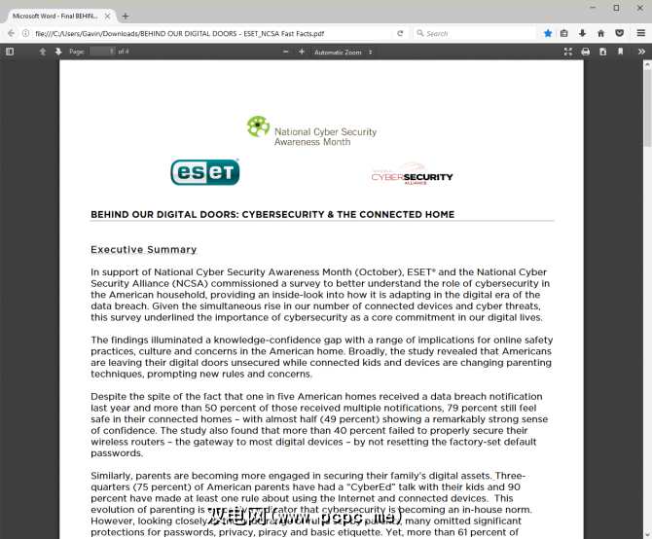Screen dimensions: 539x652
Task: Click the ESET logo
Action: (204, 172)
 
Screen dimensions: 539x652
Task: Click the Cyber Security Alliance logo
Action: (412, 176)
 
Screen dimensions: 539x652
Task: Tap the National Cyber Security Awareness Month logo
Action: (310, 131)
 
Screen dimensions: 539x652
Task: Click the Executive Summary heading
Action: (143, 250)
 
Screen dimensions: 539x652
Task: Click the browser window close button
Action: (637, 8)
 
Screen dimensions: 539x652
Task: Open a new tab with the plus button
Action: (125, 16)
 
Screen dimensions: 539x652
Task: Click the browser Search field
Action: (477, 33)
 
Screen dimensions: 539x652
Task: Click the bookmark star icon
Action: (548, 33)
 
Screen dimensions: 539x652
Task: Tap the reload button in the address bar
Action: (400, 33)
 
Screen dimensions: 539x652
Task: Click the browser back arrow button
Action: (11, 33)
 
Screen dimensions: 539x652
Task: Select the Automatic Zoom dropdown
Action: (344, 52)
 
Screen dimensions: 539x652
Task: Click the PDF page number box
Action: (102, 52)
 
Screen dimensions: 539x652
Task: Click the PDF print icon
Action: (586, 52)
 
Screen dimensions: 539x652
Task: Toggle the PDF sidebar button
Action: (10, 52)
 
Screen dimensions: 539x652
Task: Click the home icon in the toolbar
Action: (600, 33)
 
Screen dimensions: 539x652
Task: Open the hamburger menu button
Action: (641, 33)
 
